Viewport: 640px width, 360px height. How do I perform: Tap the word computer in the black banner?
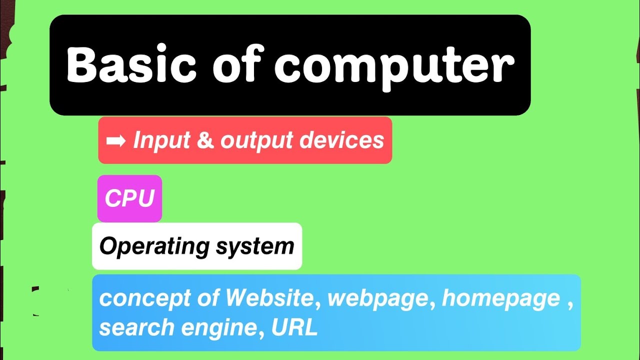point(394,66)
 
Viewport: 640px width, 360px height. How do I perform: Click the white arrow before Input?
point(116,141)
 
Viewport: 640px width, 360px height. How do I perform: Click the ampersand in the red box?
point(205,141)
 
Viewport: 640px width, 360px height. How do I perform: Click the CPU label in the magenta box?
point(129,198)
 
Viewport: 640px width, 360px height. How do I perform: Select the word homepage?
point(501,298)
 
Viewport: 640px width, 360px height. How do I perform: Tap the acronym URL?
point(294,327)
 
